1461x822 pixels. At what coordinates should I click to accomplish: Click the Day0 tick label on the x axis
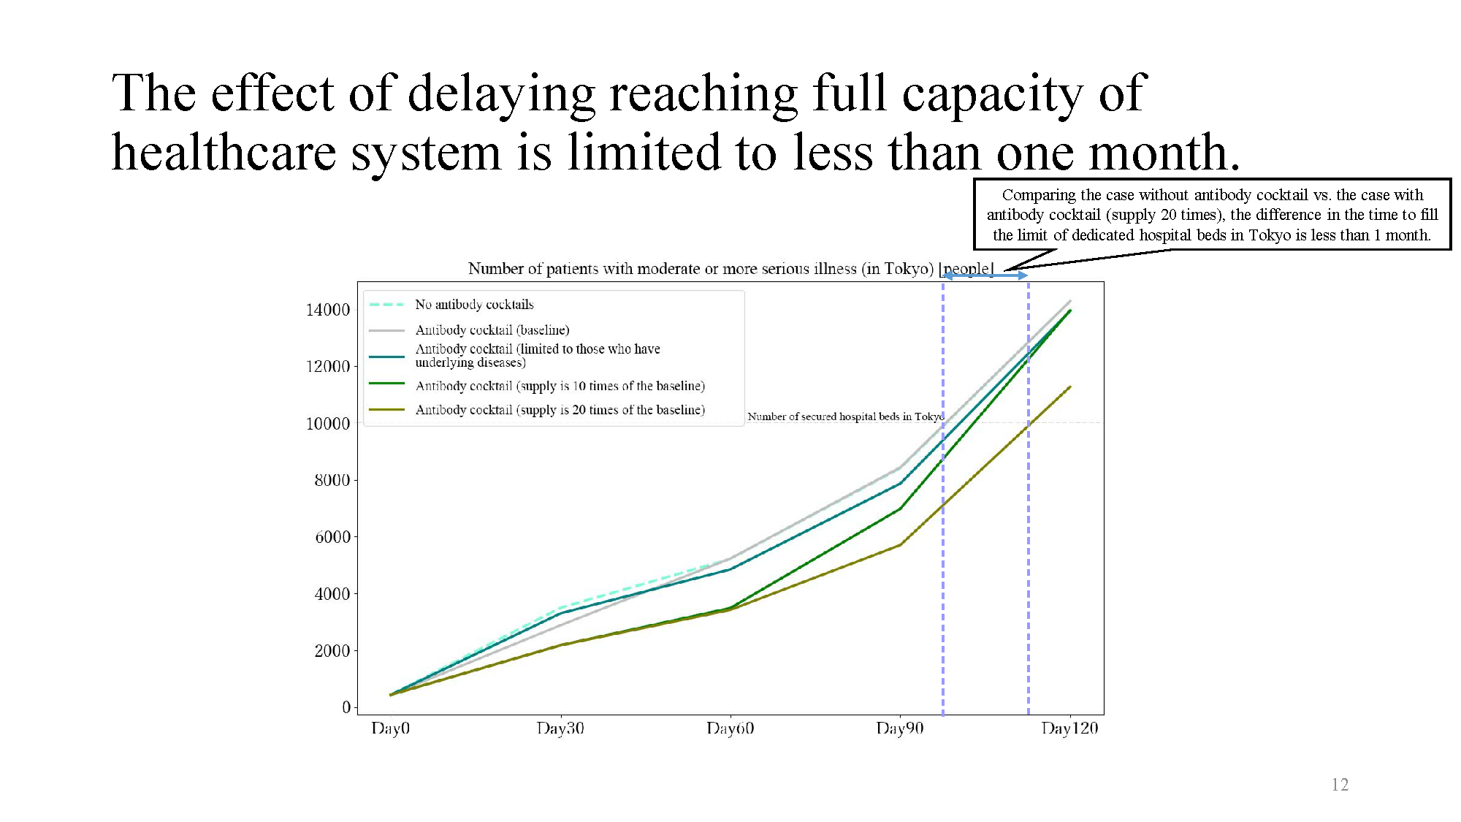[x=390, y=728]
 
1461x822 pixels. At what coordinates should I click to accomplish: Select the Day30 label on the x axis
[x=560, y=728]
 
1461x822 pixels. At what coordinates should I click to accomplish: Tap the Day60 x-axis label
[x=730, y=728]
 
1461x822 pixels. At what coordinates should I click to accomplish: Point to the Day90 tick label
[x=900, y=728]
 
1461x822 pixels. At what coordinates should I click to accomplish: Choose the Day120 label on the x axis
[x=1069, y=728]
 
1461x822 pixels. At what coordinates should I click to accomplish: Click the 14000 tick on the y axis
[x=328, y=310]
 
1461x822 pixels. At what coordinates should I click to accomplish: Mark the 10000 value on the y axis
[x=328, y=424]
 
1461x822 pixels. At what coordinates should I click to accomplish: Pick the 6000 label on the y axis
[x=332, y=537]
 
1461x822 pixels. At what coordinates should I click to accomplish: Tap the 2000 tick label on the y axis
[x=332, y=651]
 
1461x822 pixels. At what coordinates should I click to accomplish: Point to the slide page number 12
[x=1340, y=785]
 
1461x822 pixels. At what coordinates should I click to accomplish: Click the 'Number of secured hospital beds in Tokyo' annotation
[x=845, y=416]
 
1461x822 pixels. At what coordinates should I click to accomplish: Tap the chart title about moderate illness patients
[x=730, y=269]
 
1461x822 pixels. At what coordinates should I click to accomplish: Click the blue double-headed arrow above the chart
[x=985, y=275]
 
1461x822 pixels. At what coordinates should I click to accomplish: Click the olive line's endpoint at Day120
[x=1070, y=387]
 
